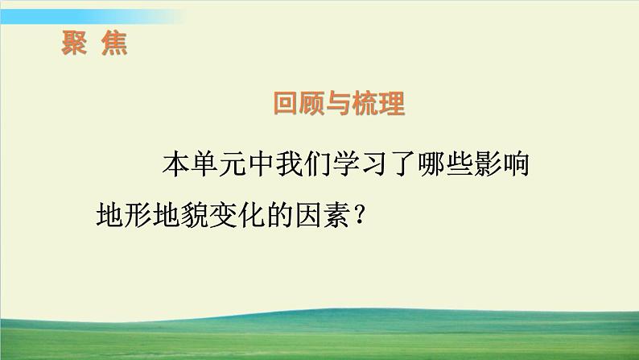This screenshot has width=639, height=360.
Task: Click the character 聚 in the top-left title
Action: [x=75, y=42]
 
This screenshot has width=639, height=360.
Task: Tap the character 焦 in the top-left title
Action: [x=113, y=42]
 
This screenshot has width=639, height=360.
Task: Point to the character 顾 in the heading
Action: [x=314, y=105]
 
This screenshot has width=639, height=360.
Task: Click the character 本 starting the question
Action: [x=175, y=167]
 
